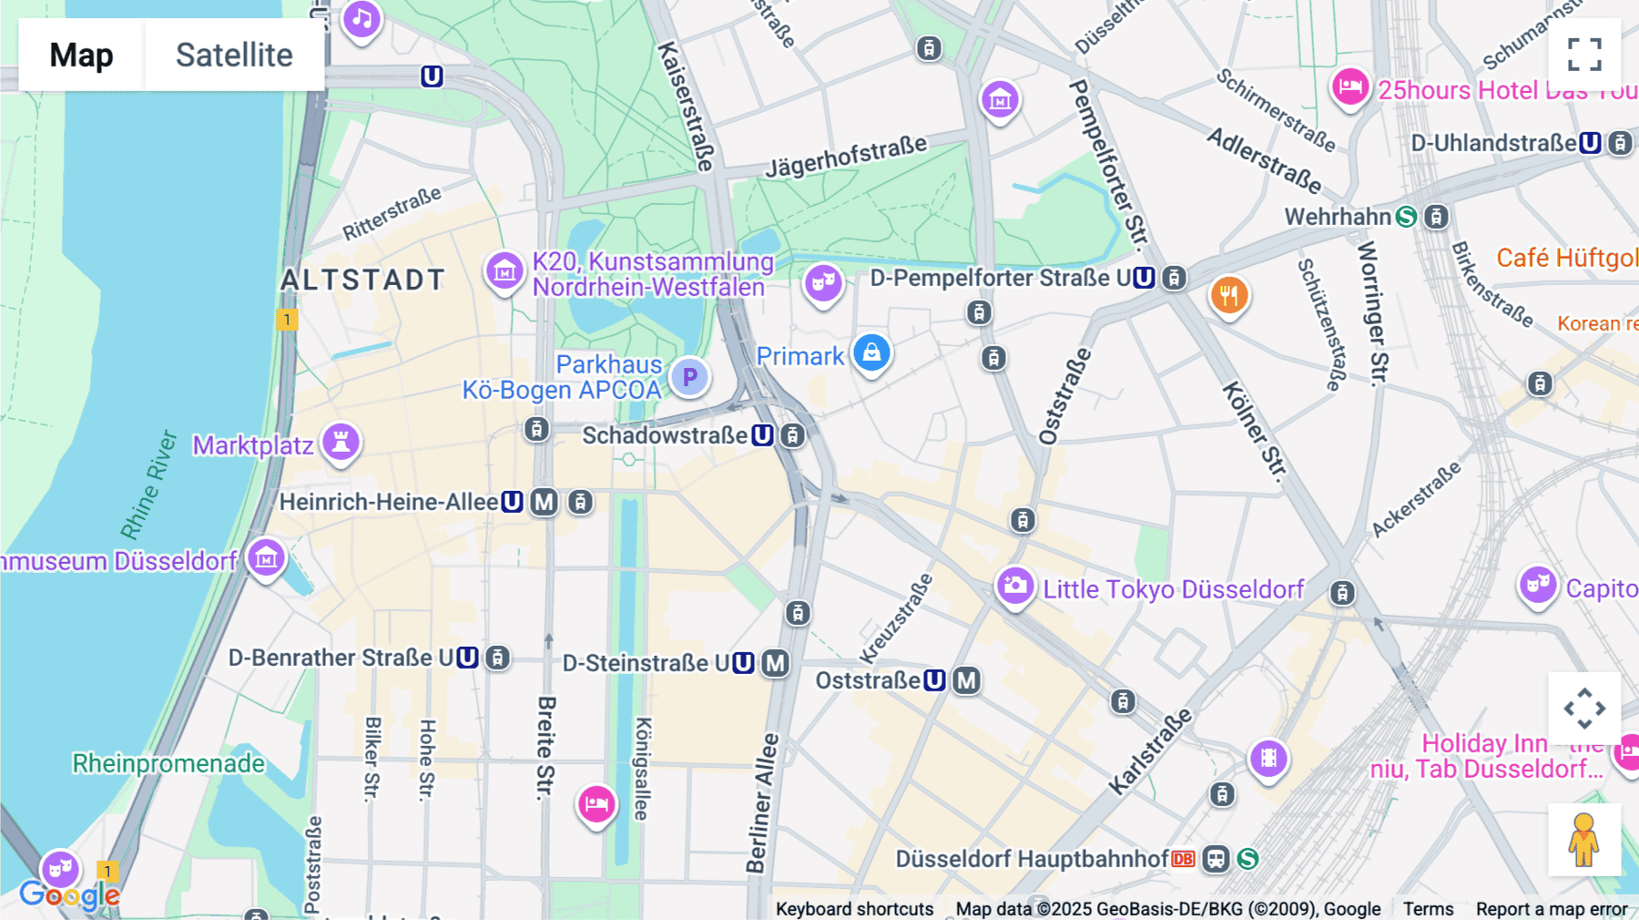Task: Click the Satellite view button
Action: tap(234, 55)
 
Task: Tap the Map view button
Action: tap(81, 55)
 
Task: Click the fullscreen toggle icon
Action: tap(1584, 54)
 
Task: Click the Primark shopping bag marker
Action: tap(871, 353)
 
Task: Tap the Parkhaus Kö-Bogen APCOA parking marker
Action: tap(689, 376)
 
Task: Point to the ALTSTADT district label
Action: tap(362, 280)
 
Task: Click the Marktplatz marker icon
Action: tap(341, 443)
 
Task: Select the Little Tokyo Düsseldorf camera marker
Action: tap(1014, 586)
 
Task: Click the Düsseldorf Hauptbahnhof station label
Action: tap(1032, 859)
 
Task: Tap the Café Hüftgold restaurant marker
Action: tap(1228, 295)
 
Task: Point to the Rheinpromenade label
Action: tap(168, 763)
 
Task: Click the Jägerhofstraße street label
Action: tap(846, 156)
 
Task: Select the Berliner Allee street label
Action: tap(762, 802)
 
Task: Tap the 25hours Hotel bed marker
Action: tap(1349, 87)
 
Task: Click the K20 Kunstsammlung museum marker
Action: tap(504, 271)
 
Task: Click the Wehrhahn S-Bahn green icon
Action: tap(1407, 217)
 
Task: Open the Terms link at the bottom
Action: tap(1428, 908)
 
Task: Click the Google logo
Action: tap(69, 895)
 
